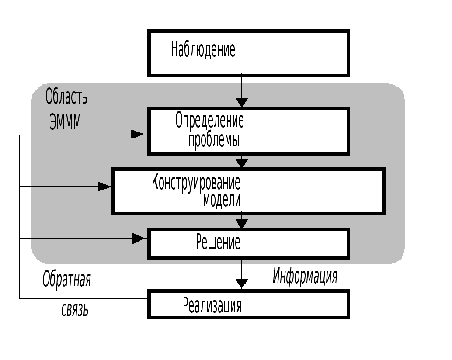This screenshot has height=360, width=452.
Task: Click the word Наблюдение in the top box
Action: point(203,49)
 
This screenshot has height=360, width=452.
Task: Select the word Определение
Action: point(209,120)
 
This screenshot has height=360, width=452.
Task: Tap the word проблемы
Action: point(214,140)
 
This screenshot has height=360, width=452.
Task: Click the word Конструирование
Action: point(196,182)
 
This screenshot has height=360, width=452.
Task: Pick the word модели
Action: point(222,200)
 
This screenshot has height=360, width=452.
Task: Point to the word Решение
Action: point(218,242)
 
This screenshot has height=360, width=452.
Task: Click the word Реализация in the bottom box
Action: point(212,305)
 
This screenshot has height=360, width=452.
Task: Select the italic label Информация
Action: point(305,276)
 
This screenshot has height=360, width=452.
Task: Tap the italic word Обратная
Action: point(66,279)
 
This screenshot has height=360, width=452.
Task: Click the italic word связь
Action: point(75,310)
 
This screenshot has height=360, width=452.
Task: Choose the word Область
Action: point(66,97)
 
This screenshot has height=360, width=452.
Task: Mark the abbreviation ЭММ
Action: point(66,122)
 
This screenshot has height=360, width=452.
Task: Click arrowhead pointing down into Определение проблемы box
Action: point(241,102)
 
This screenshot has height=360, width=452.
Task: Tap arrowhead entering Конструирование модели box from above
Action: point(241,163)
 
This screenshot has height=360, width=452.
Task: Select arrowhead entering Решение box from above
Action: point(241,223)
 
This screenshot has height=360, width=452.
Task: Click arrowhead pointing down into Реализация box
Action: point(241,284)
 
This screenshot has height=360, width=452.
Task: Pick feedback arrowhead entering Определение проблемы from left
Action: point(138,134)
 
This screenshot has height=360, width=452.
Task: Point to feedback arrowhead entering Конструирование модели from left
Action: point(105,187)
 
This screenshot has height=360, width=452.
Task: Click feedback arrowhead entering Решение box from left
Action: point(139,238)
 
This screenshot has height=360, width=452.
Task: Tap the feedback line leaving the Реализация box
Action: point(83,299)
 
